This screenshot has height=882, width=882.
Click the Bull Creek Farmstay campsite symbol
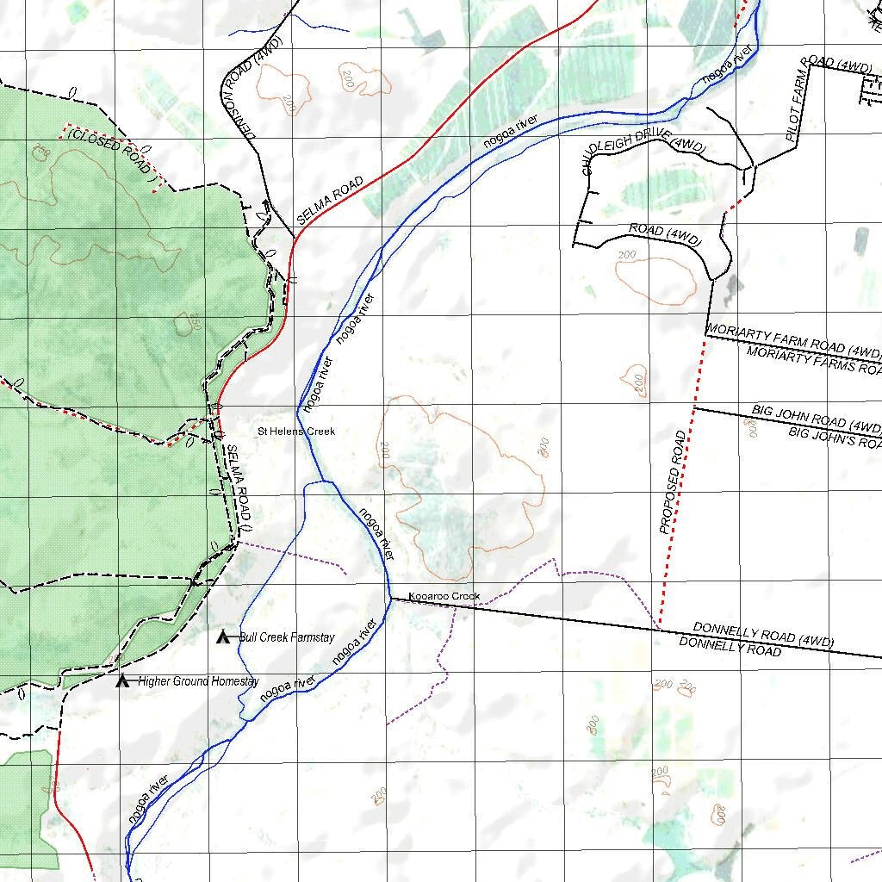[x=222, y=637]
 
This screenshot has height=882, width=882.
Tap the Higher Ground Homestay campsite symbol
[x=122, y=681]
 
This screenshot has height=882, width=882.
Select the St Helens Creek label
[x=297, y=432]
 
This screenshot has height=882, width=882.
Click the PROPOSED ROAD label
[x=673, y=482]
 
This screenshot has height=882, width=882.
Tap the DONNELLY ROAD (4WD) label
[x=763, y=635]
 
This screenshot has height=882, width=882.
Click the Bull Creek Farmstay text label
[x=287, y=638]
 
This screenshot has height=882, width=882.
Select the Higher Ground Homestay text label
[x=198, y=681]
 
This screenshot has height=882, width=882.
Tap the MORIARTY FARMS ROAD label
[x=813, y=360]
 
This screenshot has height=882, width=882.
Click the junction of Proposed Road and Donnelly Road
[x=659, y=628]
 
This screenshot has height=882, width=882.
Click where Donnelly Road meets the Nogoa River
[x=389, y=597]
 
